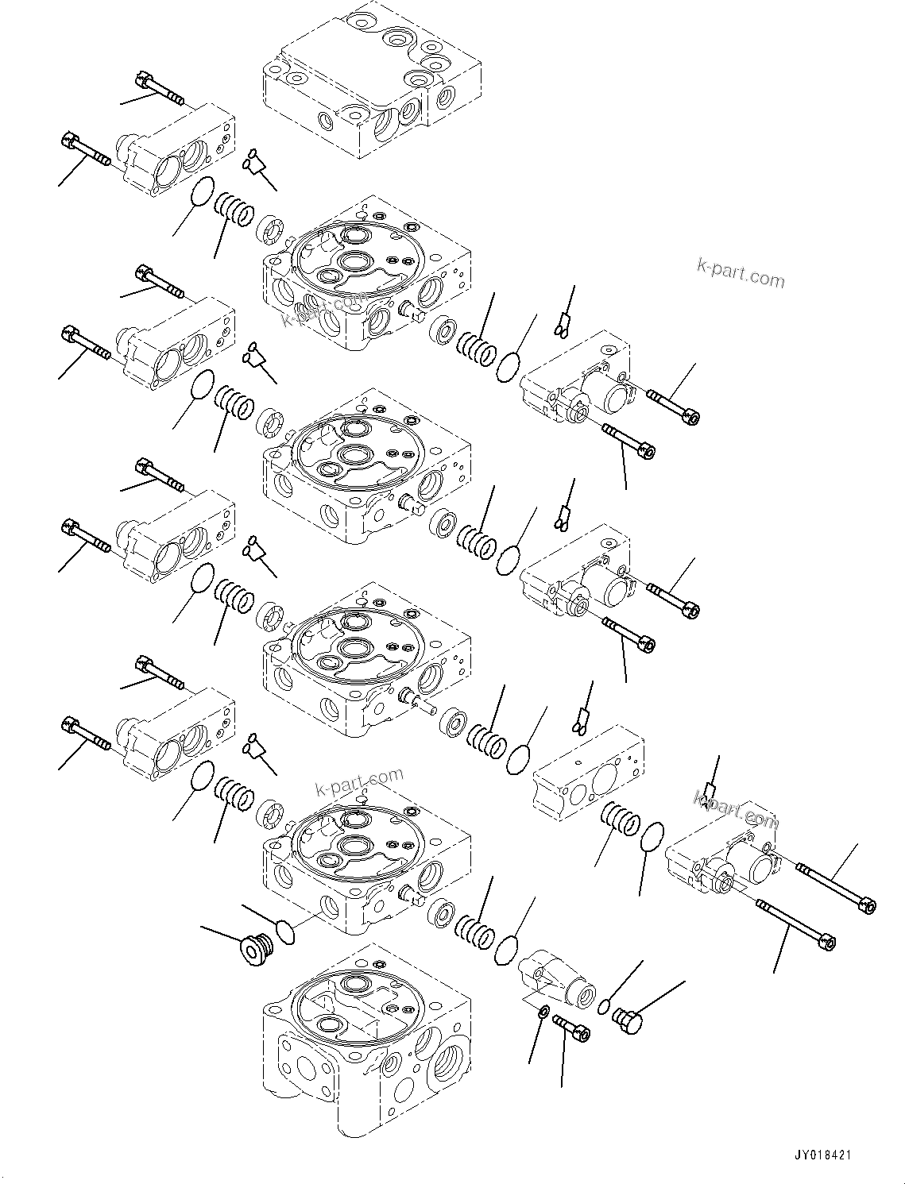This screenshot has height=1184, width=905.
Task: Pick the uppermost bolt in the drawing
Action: (161, 88)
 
